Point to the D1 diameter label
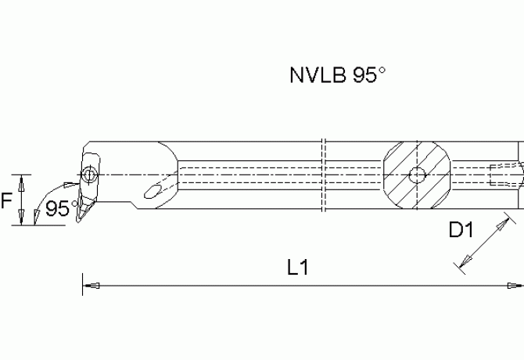coord(461,231)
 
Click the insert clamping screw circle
coord(90,174)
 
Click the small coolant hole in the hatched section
coord(418,174)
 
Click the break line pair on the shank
coord(324,174)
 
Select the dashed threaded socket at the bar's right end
coord(504,174)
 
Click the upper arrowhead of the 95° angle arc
coord(75,185)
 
